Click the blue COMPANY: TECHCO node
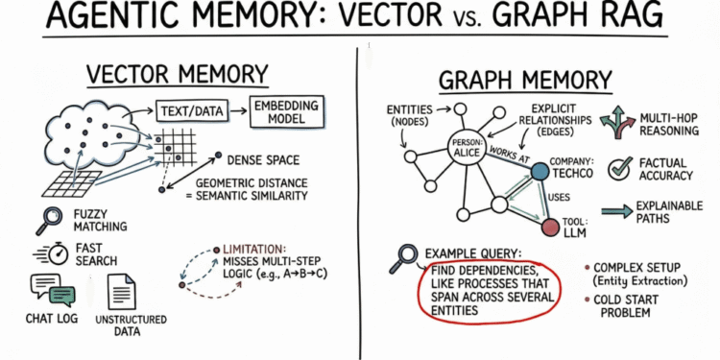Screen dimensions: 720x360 click(x=540, y=172)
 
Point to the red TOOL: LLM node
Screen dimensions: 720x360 click(x=549, y=228)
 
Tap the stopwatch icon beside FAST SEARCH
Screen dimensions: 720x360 click(x=43, y=253)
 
